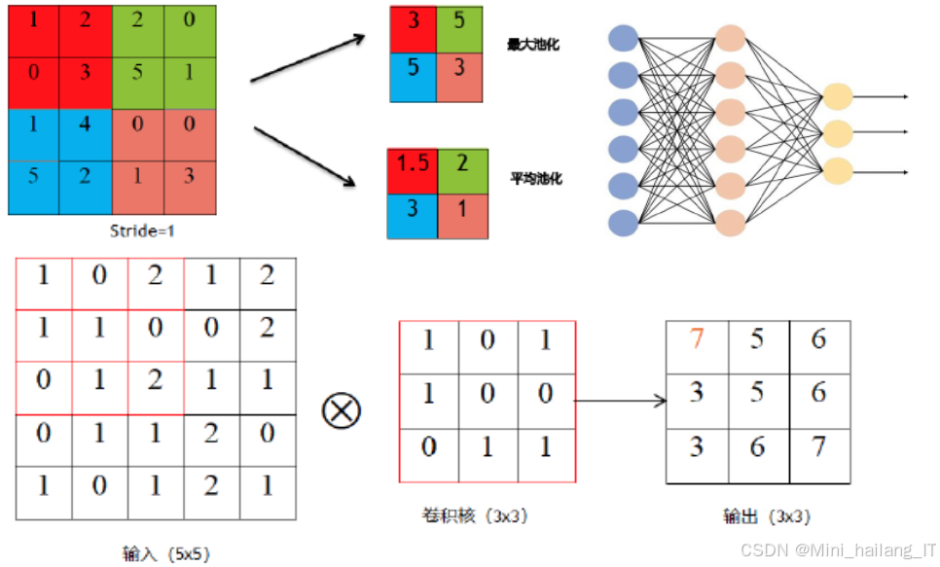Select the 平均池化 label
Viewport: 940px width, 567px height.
pyautogui.click(x=536, y=179)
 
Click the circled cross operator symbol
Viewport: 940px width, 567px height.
pyautogui.click(x=341, y=410)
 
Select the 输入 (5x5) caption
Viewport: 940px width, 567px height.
pyautogui.click(x=165, y=554)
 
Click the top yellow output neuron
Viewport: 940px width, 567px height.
pyautogui.click(x=837, y=96)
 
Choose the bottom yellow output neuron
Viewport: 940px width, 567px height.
pyautogui.click(x=837, y=170)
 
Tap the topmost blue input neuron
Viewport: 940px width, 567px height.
pyautogui.click(x=623, y=39)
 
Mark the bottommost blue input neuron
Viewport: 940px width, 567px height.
pyautogui.click(x=623, y=224)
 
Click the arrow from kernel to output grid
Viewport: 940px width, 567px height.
pyautogui.click(x=620, y=400)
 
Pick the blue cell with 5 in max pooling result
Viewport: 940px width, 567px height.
pyautogui.click(x=414, y=78)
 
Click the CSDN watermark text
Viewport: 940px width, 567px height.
pyautogui.click(x=838, y=550)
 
